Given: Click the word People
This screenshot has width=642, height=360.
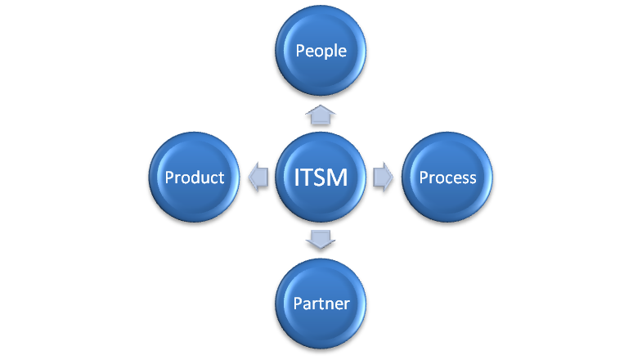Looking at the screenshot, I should coord(321,51).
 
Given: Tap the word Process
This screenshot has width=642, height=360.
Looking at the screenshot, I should coord(447,178).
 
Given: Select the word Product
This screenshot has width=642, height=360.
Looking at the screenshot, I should coord(194,178).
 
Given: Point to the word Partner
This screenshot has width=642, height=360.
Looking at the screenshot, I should coord(321,304).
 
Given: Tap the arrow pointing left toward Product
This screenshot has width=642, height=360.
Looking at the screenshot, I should coord(258,178).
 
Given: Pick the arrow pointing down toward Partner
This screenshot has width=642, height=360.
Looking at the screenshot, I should coord(321,240).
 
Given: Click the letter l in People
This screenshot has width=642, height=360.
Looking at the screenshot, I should coord(334,51).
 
